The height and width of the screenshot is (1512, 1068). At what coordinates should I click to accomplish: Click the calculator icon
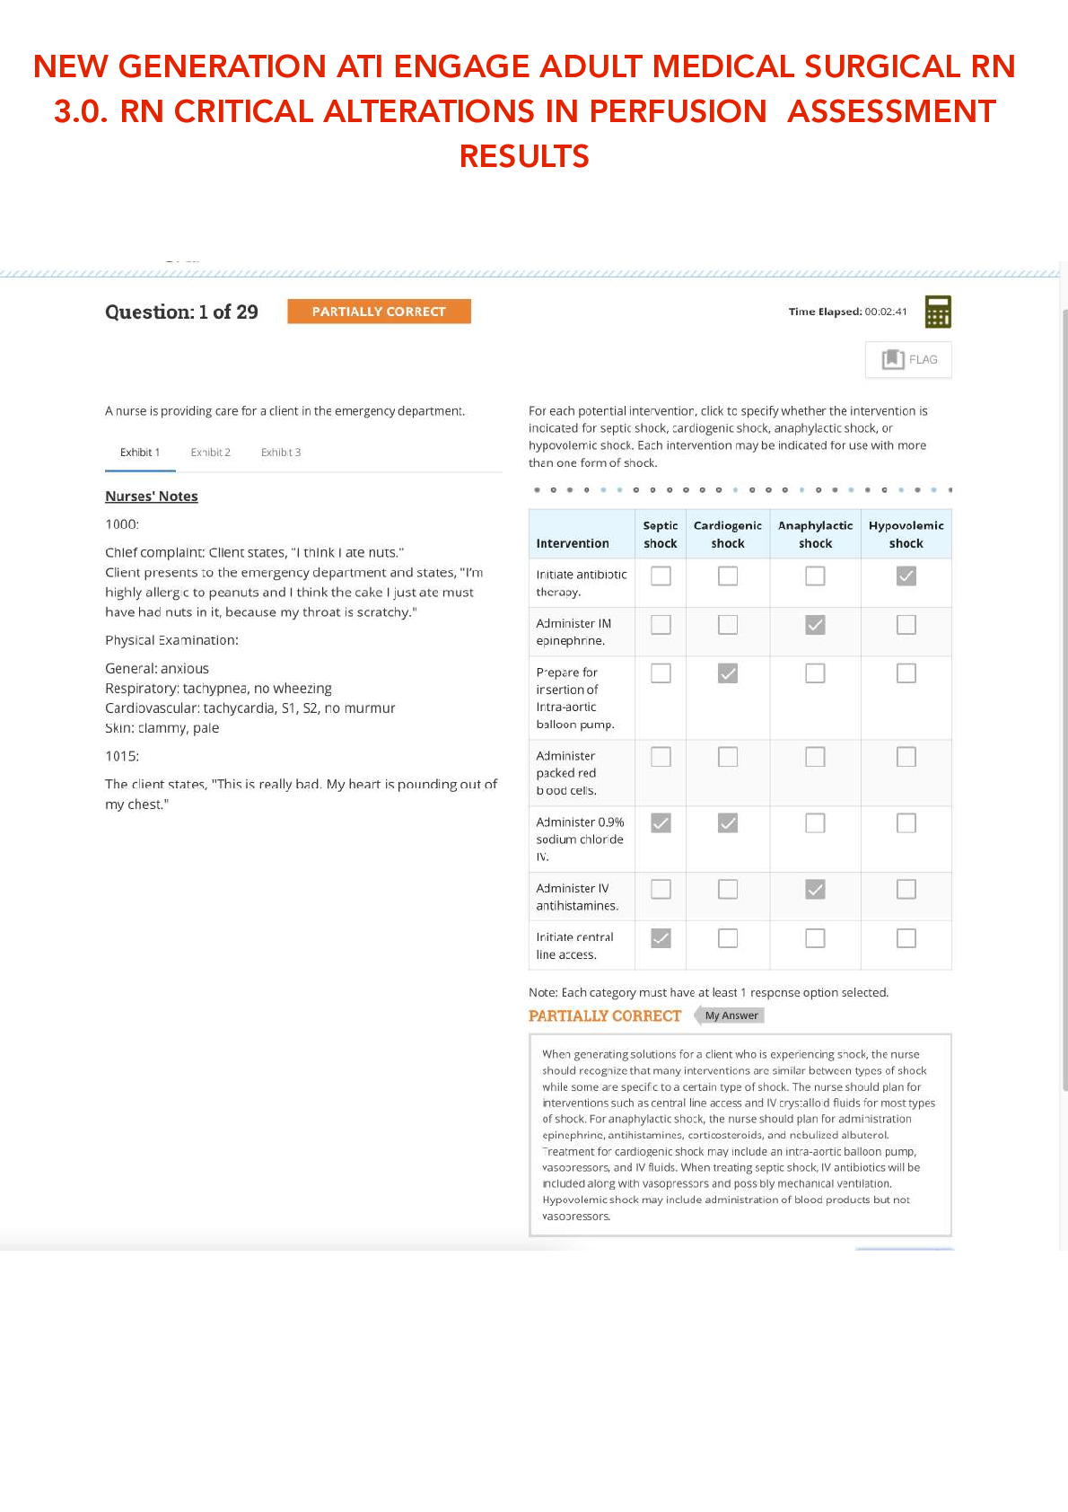point(938,312)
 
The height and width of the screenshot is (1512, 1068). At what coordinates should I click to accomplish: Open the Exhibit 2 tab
point(210,453)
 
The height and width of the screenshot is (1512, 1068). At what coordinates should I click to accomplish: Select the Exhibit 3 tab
point(281,453)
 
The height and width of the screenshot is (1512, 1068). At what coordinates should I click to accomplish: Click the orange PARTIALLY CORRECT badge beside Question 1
point(379,312)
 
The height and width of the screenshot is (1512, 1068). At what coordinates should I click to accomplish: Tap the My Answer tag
point(731,1015)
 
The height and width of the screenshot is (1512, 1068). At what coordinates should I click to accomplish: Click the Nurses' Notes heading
point(151,497)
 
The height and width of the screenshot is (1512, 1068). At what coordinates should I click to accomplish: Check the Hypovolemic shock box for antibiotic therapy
point(906,576)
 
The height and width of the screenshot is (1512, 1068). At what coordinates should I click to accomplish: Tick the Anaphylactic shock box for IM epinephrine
point(815,625)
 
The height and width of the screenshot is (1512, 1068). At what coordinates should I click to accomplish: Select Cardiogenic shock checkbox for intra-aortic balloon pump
point(728,673)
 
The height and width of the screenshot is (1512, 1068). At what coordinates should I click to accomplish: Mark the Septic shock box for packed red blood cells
point(661,757)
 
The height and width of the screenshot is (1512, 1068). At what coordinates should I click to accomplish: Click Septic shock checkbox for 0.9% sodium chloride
point(661,822)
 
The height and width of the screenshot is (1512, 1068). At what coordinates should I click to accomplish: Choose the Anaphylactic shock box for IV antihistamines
point(815,889)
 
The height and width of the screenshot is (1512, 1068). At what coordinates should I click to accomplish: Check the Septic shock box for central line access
point(661,938)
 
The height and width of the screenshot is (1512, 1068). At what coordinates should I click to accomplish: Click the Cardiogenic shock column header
point(728,534)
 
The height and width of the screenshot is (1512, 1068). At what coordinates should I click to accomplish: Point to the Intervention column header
point(573,543)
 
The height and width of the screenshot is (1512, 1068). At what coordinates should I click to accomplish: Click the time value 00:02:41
point(886,312)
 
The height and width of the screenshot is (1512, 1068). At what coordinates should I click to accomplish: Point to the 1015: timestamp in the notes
point(122,756)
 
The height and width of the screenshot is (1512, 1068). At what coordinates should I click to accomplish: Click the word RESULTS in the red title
point(524,156)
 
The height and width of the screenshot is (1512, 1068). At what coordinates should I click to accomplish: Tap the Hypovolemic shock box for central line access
point(906,938)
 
